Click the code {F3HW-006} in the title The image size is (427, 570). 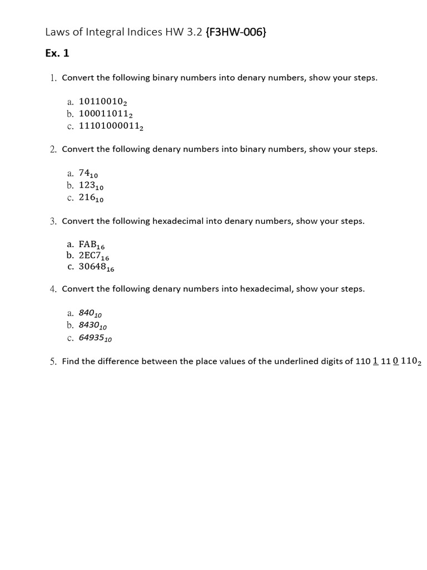point(235,32)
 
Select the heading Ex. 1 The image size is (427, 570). point(57,53)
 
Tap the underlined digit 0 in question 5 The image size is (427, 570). point(395,361)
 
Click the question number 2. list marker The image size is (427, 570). point(53,149)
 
